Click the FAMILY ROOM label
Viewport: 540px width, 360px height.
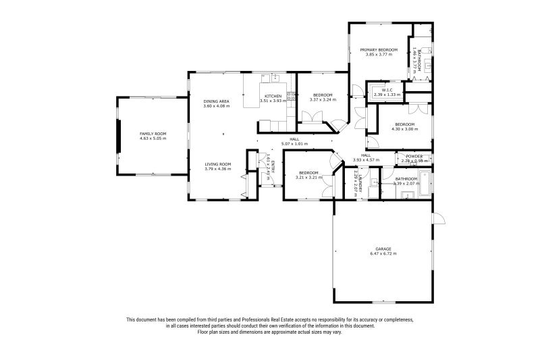tap(153, 134)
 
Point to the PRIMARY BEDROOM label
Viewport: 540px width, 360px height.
tap(378, 50)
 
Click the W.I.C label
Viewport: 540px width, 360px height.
tap(387, 90)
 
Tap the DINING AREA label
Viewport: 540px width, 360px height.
tap(217, 101)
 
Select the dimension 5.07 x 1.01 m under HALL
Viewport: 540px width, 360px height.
tap(294, 144)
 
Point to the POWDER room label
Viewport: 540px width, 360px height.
tap(414, 156)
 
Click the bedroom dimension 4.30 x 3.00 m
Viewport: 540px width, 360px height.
tap(404, 128)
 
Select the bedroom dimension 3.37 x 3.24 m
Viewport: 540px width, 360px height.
tap(323, 99)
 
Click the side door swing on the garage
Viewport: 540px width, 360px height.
tap(438, 220)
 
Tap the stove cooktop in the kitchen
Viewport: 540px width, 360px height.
tap(291, 97)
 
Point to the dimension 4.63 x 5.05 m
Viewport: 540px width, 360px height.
tap(153, 138)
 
